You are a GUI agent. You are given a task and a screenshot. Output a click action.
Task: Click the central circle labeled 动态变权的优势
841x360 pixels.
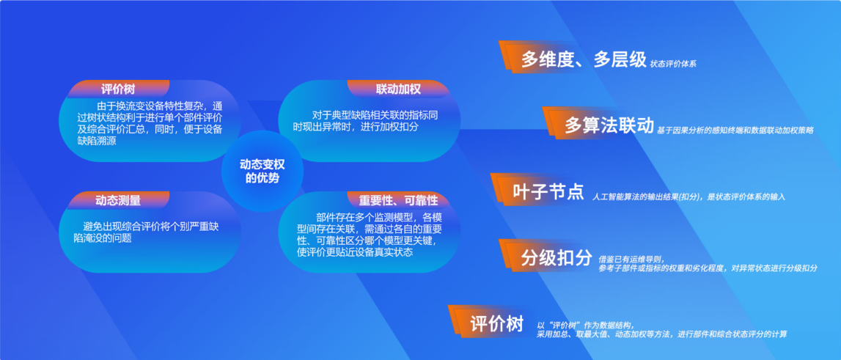point(262,172)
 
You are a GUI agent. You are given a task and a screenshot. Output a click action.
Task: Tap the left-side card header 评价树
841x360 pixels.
point(117,89)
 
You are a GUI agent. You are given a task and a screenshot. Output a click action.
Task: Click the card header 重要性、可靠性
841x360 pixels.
point(399,201)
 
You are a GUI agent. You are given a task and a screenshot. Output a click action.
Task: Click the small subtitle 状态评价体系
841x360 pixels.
point(673,64)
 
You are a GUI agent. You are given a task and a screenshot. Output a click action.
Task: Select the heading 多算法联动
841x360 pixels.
point(609,125)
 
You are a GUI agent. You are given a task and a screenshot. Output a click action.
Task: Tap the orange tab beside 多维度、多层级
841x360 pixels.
point(513,56)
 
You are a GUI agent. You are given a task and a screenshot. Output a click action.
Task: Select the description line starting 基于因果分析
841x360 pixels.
point(735,130)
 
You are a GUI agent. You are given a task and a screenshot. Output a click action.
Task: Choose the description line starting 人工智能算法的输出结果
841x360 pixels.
point(688,196)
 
